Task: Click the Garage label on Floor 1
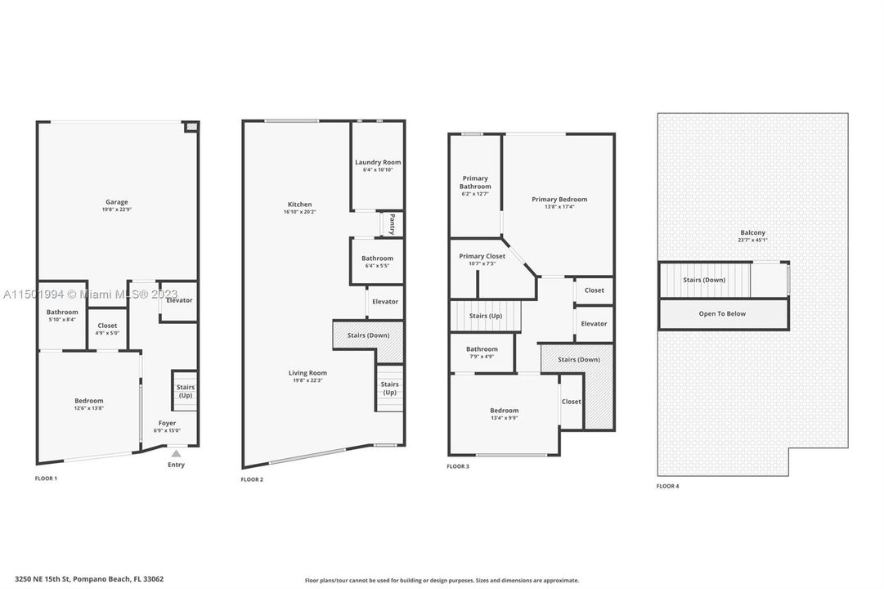[116, 202]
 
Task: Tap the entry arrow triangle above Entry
[176, 453]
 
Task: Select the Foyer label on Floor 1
[167, 423]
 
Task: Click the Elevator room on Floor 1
[179, 300]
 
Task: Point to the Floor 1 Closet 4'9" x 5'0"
[107, 329]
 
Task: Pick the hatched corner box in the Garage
[191, 128]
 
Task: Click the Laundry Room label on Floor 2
[378, 162]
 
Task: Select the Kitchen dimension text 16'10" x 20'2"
[299, 213]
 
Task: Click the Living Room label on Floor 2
[307, 373]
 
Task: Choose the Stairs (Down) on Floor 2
[368, 335]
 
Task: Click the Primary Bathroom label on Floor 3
[475, 182]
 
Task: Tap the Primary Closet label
[482, 256]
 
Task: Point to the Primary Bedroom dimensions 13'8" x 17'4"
[559, 207]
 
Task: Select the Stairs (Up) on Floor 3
[485, 316]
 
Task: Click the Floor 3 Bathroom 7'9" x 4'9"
[482, 353]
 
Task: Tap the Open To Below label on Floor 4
[722, 313]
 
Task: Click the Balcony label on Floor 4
[752, 232]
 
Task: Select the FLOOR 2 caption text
[252, 479]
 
